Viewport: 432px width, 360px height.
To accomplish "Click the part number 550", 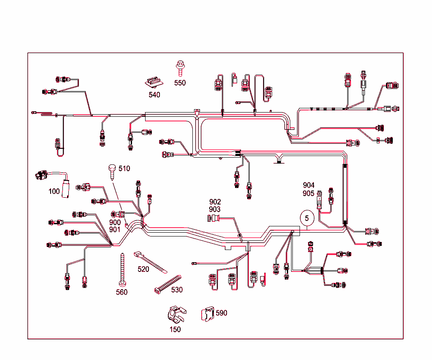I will (x=180, y=83).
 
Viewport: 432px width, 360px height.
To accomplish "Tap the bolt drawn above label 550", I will (x=180, y=67).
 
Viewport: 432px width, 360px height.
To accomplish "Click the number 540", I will (x=154, y=95).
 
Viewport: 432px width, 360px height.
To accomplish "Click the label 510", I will (x=124, y=169).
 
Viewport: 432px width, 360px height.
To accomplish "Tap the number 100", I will (x=54, y=191).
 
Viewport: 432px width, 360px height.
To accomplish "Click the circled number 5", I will (x=307, y=218).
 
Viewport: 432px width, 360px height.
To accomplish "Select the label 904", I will (x=308, y=185).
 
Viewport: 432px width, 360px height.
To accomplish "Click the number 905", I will (x=308, y=193).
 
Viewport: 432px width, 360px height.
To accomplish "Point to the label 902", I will (x=215, y=202).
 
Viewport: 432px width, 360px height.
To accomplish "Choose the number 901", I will (x=115, y=230).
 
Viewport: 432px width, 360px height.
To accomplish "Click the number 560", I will (x=121, y=292).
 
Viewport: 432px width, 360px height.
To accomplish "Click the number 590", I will (x=221, y=313).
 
